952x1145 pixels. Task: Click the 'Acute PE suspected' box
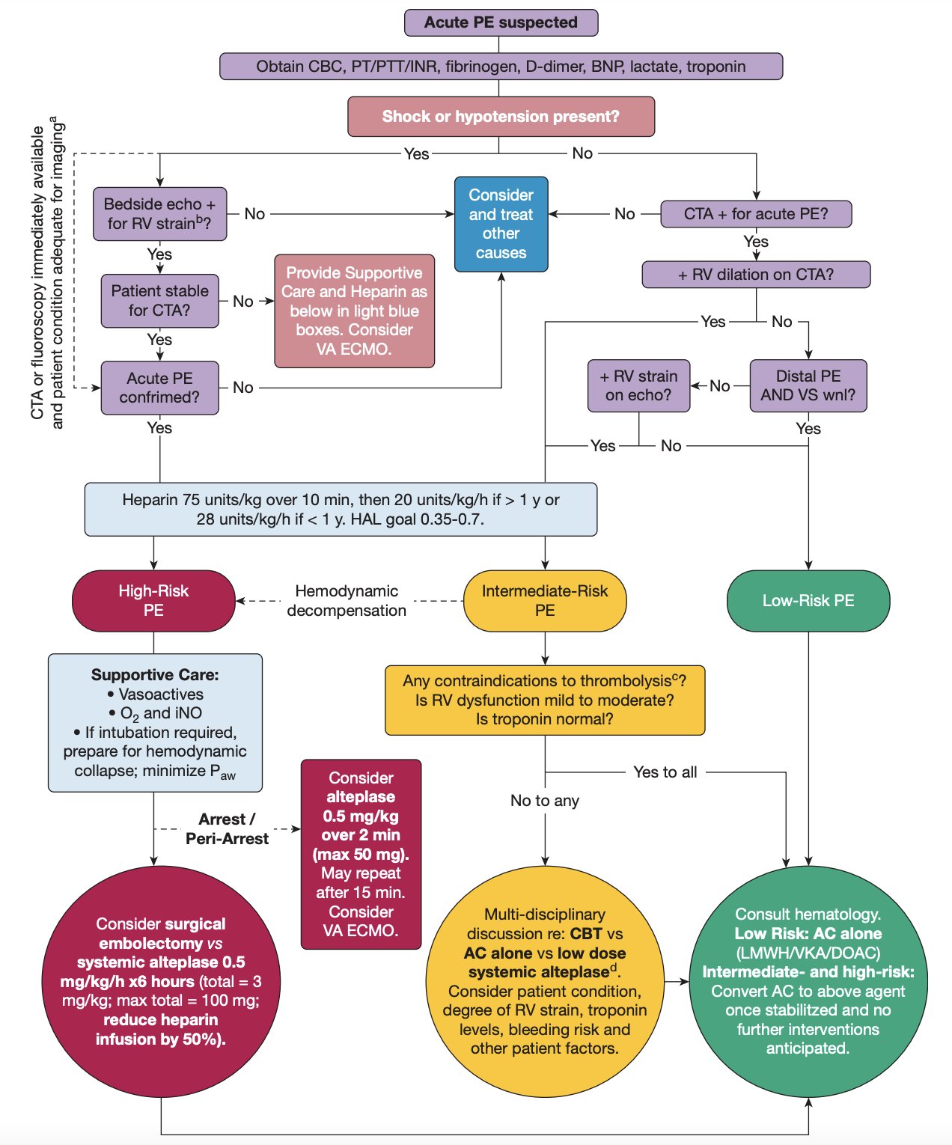[501, 22]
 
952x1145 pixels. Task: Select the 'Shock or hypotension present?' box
[501, 117]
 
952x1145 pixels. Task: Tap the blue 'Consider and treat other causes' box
[501, 224]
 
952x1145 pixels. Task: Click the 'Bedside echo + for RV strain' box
[159, 214]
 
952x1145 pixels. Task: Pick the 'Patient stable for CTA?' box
[159, 301]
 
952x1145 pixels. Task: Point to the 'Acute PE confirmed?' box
[159, 388]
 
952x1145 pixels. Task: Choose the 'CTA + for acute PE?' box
[756, 214]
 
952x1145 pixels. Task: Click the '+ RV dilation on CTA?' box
[756, 275]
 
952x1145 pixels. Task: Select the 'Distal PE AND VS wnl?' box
[808, 385]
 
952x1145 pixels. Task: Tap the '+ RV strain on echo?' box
[638, 385]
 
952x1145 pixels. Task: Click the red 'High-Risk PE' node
[153, 601]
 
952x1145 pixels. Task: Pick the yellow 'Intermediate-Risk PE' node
[545, 601]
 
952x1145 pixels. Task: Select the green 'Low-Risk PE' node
[808, 601]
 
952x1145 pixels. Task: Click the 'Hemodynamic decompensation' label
[347, 601]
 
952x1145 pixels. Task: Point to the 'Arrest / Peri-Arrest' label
[227, 829]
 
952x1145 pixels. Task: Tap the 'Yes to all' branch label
[665, 772]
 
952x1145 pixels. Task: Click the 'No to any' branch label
[545, 801]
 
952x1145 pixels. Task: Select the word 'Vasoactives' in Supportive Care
[161, 694]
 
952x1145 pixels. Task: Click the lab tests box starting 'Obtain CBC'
[501, 67]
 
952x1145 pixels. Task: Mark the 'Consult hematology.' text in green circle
[808, 915]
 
